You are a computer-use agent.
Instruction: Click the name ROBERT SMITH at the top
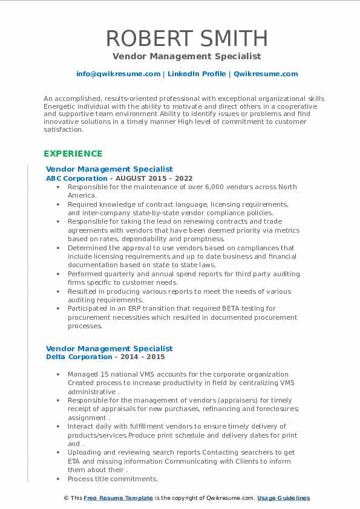tap(186, 38)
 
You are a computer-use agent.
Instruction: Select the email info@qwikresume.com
tap(118, 74)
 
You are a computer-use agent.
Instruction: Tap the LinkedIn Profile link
tap(197, 74)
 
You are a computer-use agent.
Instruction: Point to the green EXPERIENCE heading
tap(73, 154)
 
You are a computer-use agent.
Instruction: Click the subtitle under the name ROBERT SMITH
tap(186, 56)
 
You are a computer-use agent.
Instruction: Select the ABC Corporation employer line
tap(119, 178)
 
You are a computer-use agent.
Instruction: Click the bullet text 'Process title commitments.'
tap(113, 479)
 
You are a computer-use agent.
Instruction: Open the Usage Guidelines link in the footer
tap(283, 498)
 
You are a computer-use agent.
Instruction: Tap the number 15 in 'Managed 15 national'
tap(104, 374)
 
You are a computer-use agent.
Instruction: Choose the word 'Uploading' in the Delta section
tap(85, 453)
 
